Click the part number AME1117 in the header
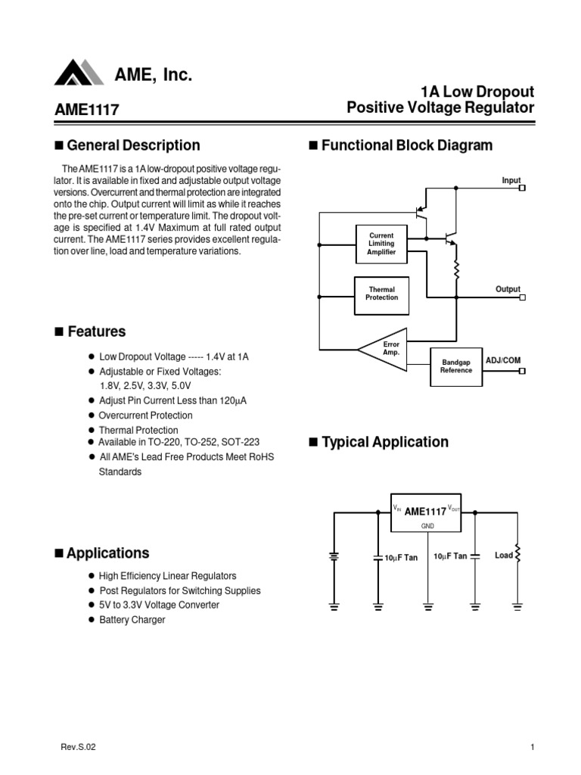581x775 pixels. (87, 110)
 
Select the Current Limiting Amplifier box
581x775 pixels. (381, 244)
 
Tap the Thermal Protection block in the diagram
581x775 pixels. (381, 294)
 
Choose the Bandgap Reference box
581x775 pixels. (456, 366)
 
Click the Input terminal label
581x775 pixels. (511, 180)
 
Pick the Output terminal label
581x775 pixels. (508, 289)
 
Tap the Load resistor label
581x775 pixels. (504, 556)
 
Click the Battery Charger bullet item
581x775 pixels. (132, 620)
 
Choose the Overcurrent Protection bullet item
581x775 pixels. (145, 416)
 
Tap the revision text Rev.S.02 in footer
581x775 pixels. (78, 748)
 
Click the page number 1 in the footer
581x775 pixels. (533, 748)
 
